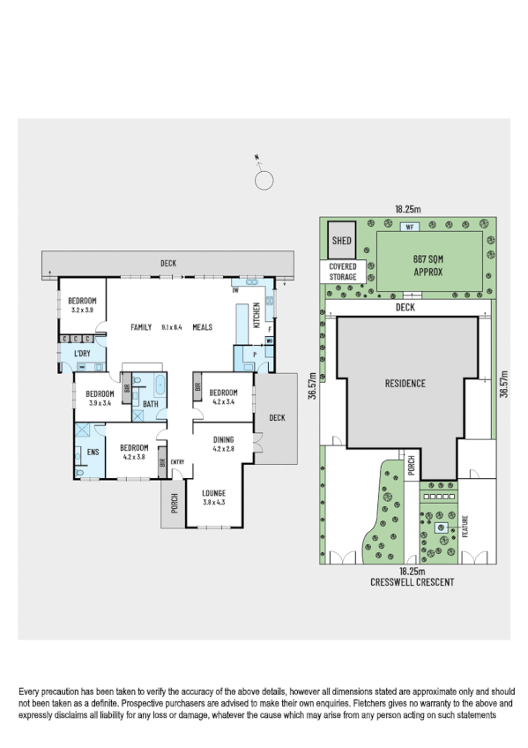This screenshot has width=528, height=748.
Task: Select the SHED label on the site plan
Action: click(x=340, y=240)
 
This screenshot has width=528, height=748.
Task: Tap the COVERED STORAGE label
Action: click(x=343, y=272)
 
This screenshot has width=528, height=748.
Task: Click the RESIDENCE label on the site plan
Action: click(x=404, y=384)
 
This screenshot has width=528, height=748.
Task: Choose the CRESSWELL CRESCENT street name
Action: click(x=406, y=584)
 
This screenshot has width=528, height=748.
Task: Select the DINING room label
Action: click(x=223, y=439)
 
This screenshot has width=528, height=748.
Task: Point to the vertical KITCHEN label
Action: click(x=257, y=314)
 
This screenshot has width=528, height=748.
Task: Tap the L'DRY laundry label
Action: click(x=82, y=354)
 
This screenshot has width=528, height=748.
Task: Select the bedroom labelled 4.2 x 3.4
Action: click(x=223, y=397)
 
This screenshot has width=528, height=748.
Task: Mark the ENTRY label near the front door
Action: click(x=177, y=461)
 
